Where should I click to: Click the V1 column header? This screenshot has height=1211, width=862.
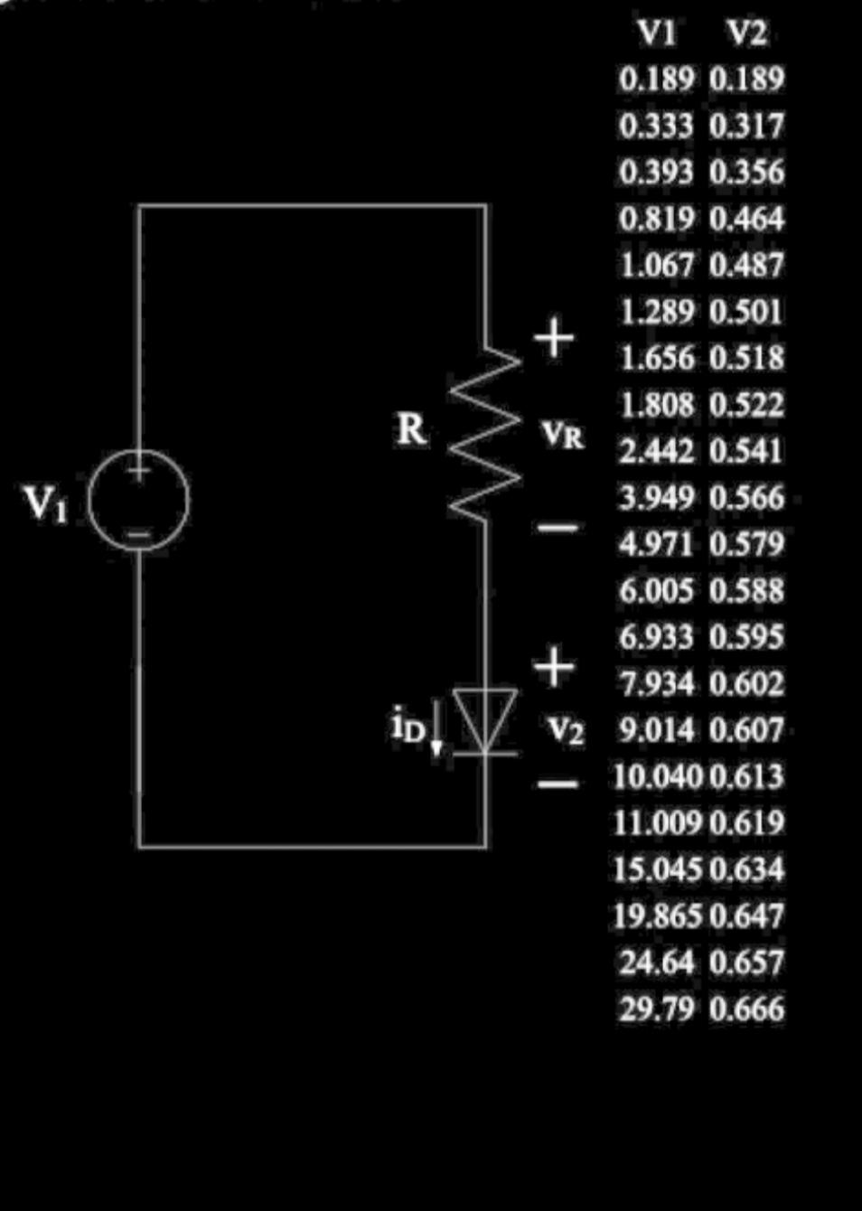pyautogui.click(x=657, y=33)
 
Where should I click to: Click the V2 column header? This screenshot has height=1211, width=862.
pyautogui.click(x=746, y=33)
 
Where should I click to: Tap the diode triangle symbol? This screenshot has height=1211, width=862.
pyautogui.click(x=485, y=719)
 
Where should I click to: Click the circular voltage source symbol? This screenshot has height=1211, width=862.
pyautogui.click(x=138, y=500)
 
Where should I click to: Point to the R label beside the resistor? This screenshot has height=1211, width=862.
pyautogui.click(x=411, y=429)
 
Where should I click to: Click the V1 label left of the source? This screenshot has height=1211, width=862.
pyautogui.click(x=45, y=502)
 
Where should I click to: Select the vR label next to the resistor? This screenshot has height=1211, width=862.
pyautogui.click(x=563, y=436)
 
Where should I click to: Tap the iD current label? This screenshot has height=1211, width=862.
pyautogui.click(x=408, y=726)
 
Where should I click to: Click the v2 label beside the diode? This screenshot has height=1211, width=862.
pyautogui.click(x=567, y=729)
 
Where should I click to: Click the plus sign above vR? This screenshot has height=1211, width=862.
pyautogui.click(x=554, y=338)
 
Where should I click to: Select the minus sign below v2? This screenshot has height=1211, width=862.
pyautogui.click(x=557, y=784)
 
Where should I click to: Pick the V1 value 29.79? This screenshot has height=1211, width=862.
pyautogui.click(x=657, y=1009)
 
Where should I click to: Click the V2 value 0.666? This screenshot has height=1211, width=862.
pyautogui.click(x=746, y=1009)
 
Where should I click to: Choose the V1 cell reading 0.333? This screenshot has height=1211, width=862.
pyautogui.click(x=657, y=126)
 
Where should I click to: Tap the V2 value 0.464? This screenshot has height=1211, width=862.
pyautogui.click(x=746, y=219)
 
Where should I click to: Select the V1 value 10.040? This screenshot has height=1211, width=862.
pyautogui.click(x=657, y=776)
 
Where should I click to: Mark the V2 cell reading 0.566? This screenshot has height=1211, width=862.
pyautogui.click(x=746, y=497)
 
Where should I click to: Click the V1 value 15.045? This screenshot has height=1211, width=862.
pyautogui.click(x=657, y=869)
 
